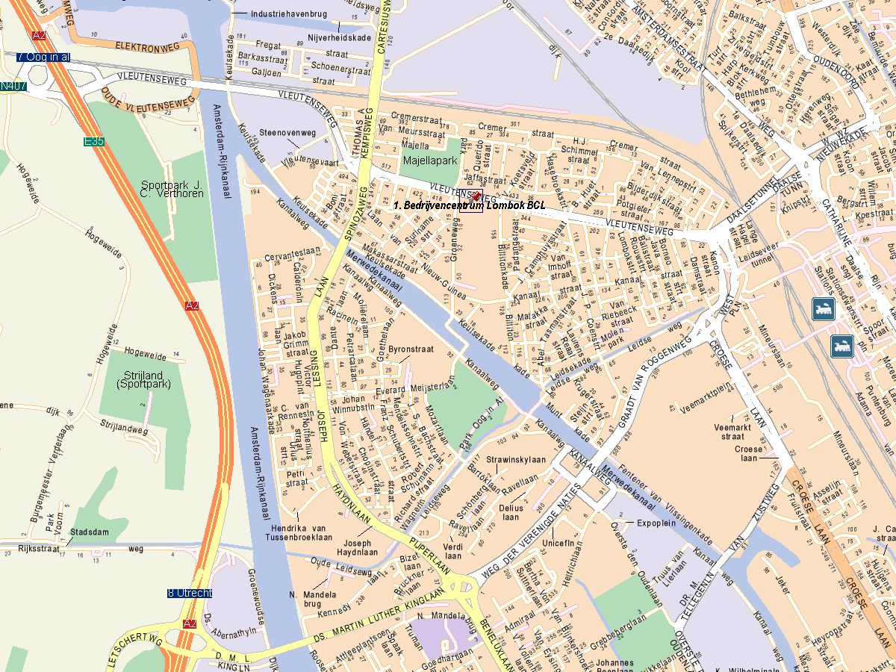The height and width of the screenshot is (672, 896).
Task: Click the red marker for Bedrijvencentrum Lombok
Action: coord(476,196)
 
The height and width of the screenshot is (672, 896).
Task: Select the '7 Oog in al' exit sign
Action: coord(43,57)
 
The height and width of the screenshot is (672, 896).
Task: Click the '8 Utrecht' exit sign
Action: coord(190,593)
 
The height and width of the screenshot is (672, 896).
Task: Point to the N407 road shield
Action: coord(13,87)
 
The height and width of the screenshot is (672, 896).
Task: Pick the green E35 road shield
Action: coord(94,141)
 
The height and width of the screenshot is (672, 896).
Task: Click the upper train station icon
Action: coord(824,308)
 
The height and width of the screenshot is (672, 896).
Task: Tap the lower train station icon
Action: coord(841,346)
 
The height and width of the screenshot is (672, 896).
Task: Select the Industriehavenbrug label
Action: coord(287,13)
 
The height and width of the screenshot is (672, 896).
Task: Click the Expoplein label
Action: coord(656,523)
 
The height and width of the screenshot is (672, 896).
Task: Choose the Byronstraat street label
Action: coord(411,349)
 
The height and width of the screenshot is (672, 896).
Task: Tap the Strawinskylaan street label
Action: coord(516,459)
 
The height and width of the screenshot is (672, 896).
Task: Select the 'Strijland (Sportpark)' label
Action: coord(144,379)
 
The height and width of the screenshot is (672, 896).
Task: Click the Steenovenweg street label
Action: coord(288,133)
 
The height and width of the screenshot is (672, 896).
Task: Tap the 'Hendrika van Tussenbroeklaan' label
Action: coord(299,532)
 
